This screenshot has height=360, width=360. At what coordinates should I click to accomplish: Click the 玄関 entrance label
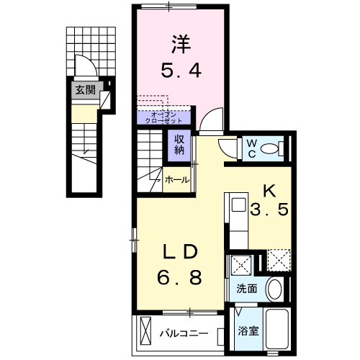[x=84, y=90]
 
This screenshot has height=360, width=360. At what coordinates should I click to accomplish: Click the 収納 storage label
[x=178, y=145]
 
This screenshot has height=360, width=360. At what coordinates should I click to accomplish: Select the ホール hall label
[x=176, y=178]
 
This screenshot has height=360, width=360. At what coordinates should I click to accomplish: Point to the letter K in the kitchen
[x=269, y=191]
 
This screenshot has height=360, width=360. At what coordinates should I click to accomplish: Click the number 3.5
[x=269, y=212]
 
